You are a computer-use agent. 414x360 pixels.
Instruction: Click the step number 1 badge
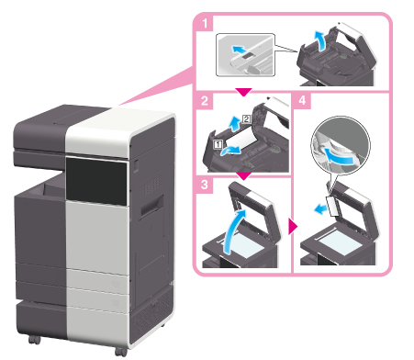tap(204, 23)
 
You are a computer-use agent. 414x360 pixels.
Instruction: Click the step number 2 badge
tap(205, 100)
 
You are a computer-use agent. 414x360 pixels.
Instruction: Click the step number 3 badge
tap(205, 185)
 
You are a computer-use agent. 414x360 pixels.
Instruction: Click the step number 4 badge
tap(302, 100)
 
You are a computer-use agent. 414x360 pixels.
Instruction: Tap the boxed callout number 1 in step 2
tap(218, 144)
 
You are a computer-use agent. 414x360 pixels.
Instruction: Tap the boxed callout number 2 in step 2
tap(247, 119)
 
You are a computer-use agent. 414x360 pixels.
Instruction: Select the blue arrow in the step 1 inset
tap(239, 50)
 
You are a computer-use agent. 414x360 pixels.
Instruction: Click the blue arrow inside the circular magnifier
tap(338, 157)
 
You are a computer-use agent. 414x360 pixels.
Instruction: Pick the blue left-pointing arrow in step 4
tap(320, 210)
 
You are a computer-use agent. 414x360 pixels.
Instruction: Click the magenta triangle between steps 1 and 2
tap(243, 92)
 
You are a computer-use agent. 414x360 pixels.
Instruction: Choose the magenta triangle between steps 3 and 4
tap(293, 227)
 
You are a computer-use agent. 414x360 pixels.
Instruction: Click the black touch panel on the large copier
tap(96, 181)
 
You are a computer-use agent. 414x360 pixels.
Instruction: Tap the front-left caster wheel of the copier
tap(34, 340)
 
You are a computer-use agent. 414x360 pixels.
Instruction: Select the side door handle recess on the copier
tap(151, 208)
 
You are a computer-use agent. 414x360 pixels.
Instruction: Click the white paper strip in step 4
tap(333, 206)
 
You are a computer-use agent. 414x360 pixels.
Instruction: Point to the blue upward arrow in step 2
tap(235, 124)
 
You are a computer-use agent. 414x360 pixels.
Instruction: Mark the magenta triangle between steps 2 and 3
tap(245, 176)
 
